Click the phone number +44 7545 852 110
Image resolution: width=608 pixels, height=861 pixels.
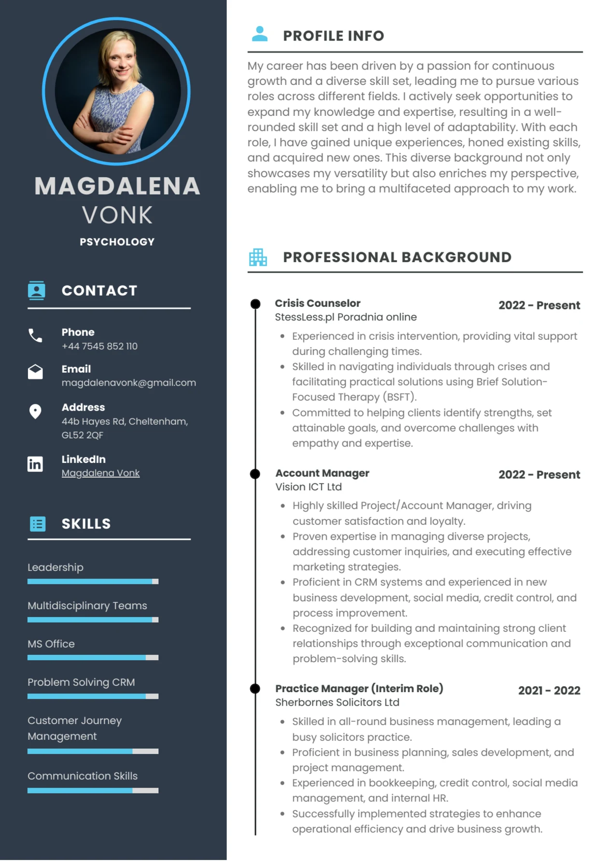[99, 346]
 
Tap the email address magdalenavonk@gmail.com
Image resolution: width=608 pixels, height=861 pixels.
[128, 383]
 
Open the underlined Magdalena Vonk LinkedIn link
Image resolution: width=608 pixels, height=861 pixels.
[100, 473]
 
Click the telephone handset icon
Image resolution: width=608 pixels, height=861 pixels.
[35, 335]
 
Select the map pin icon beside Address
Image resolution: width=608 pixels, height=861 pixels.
[35, 412]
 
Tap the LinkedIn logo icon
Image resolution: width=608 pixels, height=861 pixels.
[35, 464]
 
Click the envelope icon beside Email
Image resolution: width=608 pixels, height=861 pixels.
[35, 372]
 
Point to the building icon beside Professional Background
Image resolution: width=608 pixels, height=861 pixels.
[258, 257]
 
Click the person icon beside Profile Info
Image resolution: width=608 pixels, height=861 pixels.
[260, 34]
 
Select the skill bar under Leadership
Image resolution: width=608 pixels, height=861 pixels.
[93, 582]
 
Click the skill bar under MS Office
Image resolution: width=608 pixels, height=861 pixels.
[93, 657]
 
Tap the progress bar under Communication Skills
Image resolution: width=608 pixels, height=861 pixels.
[93, 791]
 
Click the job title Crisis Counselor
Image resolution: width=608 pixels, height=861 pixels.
[318, 303]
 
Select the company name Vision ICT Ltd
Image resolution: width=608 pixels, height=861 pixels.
[308, 487]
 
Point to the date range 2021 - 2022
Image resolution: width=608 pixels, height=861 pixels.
[549, 691]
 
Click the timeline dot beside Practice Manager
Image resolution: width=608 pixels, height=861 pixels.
[255, 689]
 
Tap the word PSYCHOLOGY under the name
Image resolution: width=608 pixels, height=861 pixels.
[117, 242]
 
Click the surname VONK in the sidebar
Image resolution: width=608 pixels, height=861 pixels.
[117, 215]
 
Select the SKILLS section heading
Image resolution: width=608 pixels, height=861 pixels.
[86, 524]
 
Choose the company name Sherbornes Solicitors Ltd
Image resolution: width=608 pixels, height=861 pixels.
[337, 702]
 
